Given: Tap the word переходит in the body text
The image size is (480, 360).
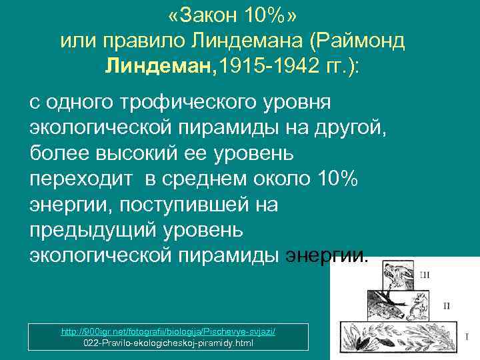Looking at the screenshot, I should click(x=79, y=180).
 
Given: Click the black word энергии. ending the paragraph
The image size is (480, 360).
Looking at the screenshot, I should click(x=326, y=256).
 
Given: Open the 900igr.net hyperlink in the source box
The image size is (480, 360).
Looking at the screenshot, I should click(x=169, y=331).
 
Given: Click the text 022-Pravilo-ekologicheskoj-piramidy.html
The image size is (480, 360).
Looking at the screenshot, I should click(x=169, y=343).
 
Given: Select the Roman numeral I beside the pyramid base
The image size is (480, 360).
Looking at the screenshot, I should click(x=466, y=337).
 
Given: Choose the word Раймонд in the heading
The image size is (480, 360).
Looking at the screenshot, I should click(x=367, y=41).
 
